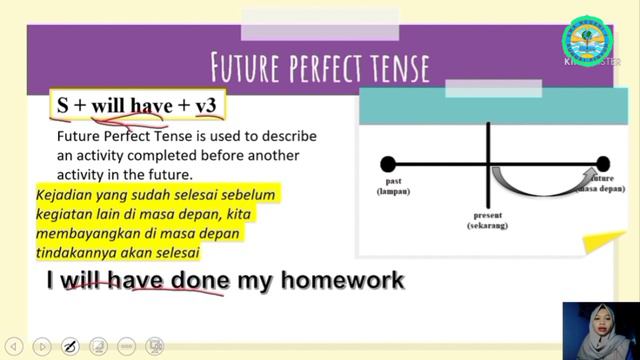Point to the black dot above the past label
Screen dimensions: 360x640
[388, 164]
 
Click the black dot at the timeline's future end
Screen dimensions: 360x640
[602, 164]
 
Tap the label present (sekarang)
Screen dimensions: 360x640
[488, 220]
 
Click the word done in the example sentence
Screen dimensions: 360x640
[200, 281]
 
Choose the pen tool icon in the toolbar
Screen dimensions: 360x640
[70, 346]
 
